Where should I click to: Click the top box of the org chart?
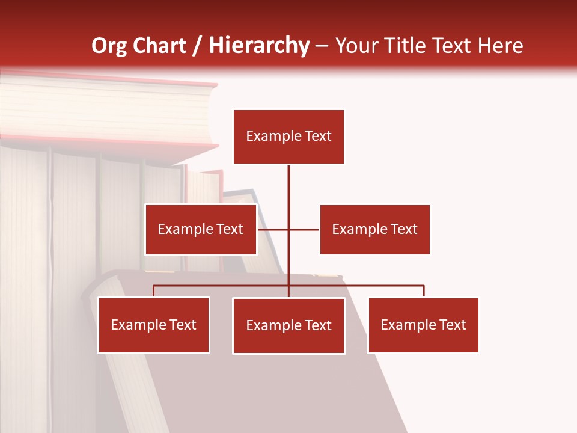pos(288,137)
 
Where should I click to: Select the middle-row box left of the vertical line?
pos(201,229)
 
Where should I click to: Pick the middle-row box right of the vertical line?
pos(374,229)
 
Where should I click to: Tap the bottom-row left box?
pos(154,325)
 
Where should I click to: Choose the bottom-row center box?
pos(288,325)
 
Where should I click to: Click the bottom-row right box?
pos(423,325)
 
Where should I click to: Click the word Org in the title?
pos(109,46)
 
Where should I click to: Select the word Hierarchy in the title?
pos(259,46)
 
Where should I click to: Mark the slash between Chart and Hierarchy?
pos(197,46)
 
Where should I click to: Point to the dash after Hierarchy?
pos(322,46)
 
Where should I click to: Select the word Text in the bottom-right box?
pos(452,325)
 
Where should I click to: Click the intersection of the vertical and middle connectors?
pos(288,229)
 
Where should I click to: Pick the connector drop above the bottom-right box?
pos(424,291)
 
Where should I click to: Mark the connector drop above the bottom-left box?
pos(154,291)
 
